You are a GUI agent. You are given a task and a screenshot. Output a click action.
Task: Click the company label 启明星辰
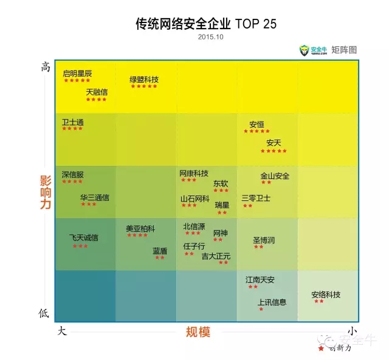click(77, 73)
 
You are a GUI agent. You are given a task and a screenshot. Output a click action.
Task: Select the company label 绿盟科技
click(144, 80)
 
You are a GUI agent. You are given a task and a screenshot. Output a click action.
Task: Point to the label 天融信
click(97, 92)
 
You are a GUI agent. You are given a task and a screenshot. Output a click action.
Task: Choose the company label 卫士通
click(72, 122)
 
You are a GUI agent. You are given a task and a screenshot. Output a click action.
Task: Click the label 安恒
click(256, 124)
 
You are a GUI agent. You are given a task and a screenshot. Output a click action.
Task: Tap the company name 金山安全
click(275, 176)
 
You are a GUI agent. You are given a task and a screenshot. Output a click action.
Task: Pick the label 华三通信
click(95, 197)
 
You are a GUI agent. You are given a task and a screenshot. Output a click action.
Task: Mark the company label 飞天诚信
click(83, 238)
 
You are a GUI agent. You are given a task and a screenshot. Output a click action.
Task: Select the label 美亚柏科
click(140, 229)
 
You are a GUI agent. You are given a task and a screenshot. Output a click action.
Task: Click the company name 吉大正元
click(216, 256)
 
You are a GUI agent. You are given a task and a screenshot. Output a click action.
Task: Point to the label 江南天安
click(260, 280)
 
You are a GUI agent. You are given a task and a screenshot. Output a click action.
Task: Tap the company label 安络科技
click(326, 294)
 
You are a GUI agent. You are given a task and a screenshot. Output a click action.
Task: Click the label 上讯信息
click(272, 302)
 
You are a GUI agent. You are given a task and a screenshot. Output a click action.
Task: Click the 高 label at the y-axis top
click(44, 67)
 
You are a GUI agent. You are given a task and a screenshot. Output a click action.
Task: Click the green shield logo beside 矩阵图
click(304, 50)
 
